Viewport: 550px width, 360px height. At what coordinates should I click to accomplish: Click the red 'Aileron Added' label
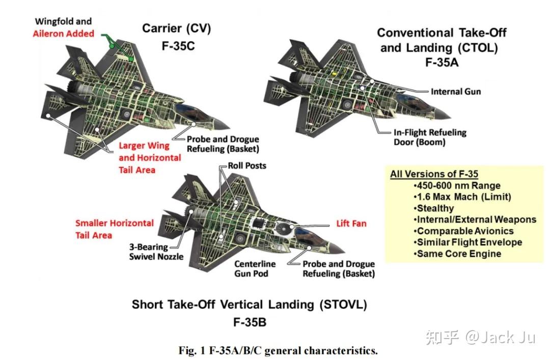[64, 34]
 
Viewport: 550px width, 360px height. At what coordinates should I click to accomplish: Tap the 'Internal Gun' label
[455, 92]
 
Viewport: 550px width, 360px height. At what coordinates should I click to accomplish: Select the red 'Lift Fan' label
[351, 224]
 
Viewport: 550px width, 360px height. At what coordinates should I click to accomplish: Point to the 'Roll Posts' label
[246, 165]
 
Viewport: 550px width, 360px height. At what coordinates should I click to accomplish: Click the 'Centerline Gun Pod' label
[255, 269]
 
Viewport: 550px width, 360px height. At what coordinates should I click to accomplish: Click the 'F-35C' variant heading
[176, 46]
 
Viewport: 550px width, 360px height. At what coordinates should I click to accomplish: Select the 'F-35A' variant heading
[441, 63]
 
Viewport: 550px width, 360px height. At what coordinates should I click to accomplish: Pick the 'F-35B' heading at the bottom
[249, 322]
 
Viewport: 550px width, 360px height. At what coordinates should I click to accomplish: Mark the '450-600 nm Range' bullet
[457, 185]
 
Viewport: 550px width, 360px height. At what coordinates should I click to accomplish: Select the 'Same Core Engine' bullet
[458, 254]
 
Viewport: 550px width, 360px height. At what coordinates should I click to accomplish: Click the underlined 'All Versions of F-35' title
[434, 174]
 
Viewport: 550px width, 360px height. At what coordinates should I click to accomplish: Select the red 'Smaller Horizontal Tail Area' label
[114, 229]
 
